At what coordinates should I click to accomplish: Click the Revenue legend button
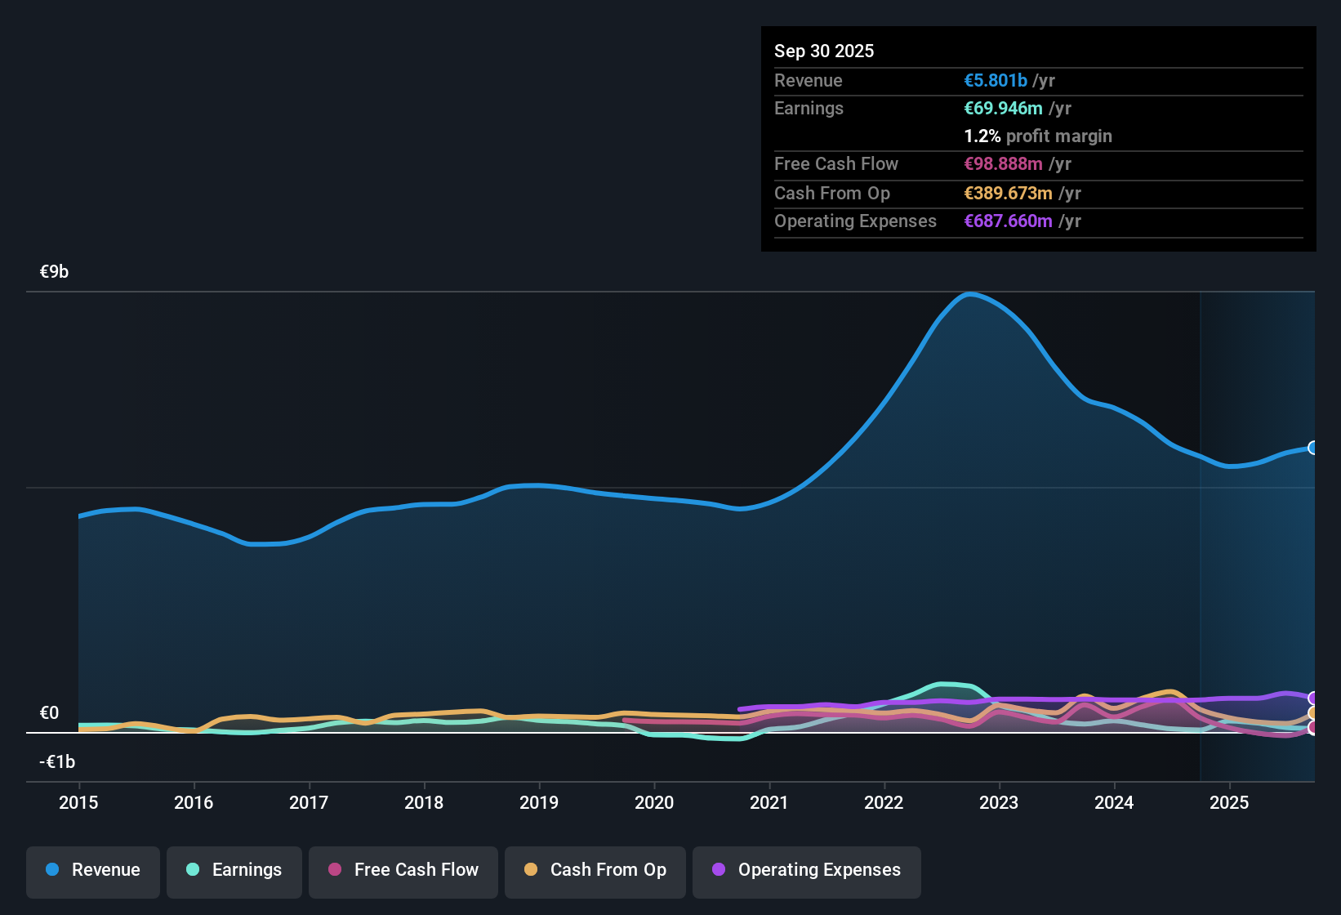point(93,870)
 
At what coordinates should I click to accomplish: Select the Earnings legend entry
point(234,870)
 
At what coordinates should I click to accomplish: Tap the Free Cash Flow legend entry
point(403,870)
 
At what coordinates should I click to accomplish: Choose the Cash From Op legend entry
point(595,870)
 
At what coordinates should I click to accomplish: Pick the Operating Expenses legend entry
point(807,870)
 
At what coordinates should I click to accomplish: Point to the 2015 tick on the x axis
point(78,802)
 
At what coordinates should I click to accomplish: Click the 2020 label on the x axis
point(654,802)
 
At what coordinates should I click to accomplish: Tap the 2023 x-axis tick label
point(999,802)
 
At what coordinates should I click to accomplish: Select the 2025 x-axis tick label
point(1229,802)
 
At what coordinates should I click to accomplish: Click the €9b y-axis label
point(55,271)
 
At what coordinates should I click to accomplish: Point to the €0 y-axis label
point(50,712)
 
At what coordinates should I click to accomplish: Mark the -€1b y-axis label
point(57,761)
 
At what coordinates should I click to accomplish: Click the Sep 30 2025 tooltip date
point(824,51)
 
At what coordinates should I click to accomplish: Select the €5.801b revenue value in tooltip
point(996,80)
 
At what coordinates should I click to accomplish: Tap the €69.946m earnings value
point(1003,108)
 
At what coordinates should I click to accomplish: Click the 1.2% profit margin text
point(1038,136)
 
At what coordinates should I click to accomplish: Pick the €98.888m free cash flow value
point(1003,163)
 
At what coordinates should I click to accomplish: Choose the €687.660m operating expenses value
point(1008,221)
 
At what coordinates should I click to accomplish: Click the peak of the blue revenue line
point(969,294)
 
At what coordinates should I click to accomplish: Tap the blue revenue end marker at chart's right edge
point(1313,448)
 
